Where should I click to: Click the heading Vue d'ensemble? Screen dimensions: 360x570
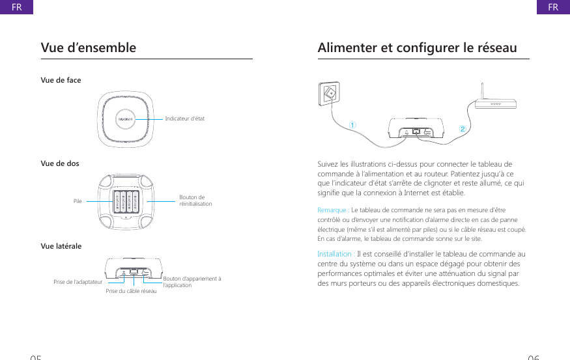click(89, 48)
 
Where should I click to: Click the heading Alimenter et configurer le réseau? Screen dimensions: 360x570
click(417, 48)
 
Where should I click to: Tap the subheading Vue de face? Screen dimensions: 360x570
click(61, 81)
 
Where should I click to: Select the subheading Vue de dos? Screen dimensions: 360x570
click(60, 163)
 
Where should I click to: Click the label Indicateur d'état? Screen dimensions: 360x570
click(184, 118)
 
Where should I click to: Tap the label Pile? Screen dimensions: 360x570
click(78, 202)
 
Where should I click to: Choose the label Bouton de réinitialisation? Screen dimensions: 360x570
click(195, 201)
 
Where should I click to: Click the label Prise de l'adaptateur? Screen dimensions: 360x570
click(78, 283)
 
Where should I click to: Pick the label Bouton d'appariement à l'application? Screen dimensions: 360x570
click(192, 282)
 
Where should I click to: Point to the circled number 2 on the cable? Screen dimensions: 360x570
click(463, 129)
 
